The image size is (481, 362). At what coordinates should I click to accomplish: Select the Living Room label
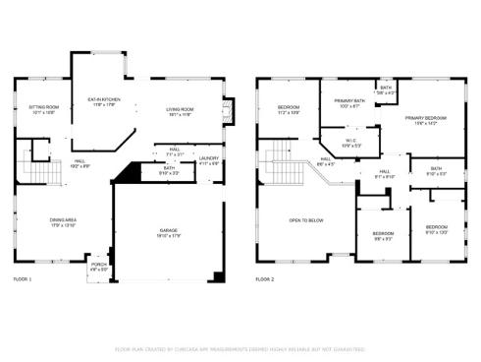click(178, 111)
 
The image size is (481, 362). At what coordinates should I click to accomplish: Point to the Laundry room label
click(208, 159)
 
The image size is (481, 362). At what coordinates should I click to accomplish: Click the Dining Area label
click(48, 222)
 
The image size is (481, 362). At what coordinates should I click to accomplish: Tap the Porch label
click(98, 266)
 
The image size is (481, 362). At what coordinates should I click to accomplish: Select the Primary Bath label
click(349, 102)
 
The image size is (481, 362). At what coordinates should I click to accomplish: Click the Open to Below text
click(305, 220)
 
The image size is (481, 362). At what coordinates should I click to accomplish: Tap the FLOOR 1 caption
click(23, 280)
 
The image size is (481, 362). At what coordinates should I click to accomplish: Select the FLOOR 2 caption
click(265, 280)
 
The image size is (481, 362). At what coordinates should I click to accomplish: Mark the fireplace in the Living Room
click(229, 110)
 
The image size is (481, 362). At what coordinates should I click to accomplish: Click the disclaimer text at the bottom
click(240, 348)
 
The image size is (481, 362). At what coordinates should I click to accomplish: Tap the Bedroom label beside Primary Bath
click(288, 108)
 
